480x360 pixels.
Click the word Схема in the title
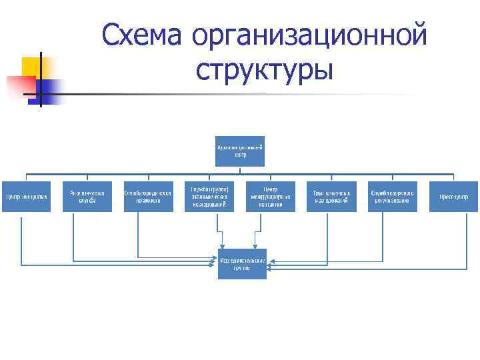[142, 35]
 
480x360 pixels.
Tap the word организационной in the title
[307, 35]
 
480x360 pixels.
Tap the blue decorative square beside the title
[51, 89]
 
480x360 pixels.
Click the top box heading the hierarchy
[240, 151]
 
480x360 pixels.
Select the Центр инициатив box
[26, 197]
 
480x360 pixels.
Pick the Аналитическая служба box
[87, 197]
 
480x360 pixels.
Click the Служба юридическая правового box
[148, 197]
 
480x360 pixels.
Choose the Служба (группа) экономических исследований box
[209, 197]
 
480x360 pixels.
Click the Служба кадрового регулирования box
[393, 197]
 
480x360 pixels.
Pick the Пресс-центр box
[453, 197]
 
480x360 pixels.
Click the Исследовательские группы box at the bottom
[242, 264]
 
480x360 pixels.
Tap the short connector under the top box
[240, 171]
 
